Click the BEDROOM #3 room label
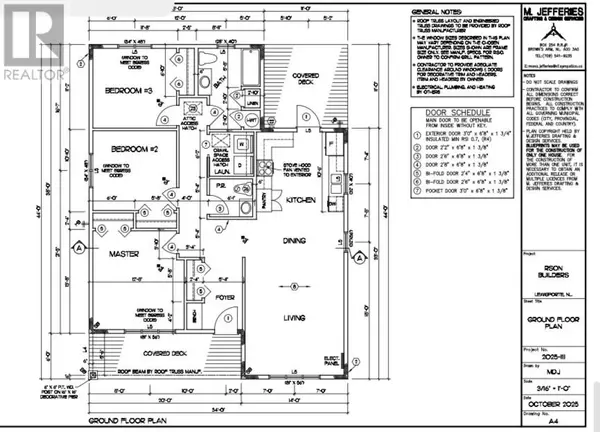(133, 91)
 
